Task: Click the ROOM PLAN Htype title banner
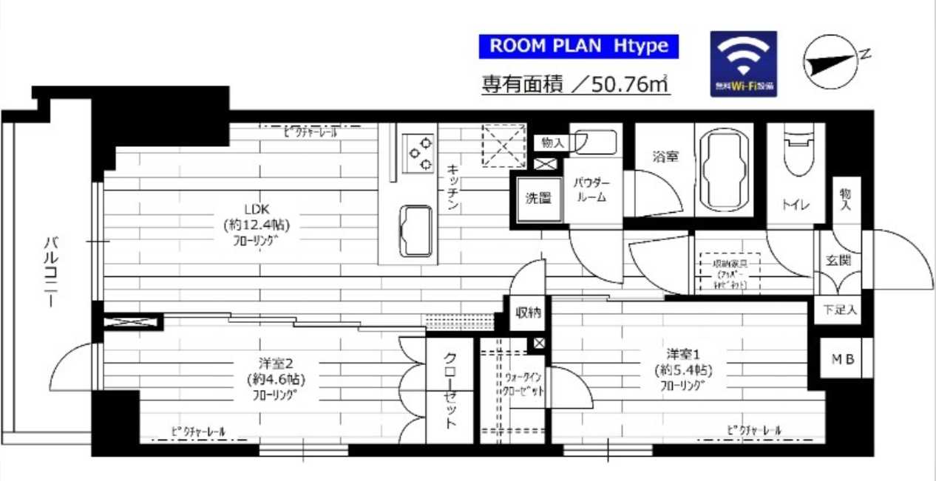pyautogui.click(x=579, y=46)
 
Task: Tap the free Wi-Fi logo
pyautogui.click(x=744, y=64)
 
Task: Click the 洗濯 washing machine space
pyautogui.click(x=538, y=199)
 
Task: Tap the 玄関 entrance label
pyautogui.click(x=838, y=260)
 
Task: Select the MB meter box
pyautogui.click(x=842, y=359)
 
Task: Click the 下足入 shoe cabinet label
pyautogui.click(x=838, y=311)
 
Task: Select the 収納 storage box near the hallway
pyautogui.click(x=528, y=313)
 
